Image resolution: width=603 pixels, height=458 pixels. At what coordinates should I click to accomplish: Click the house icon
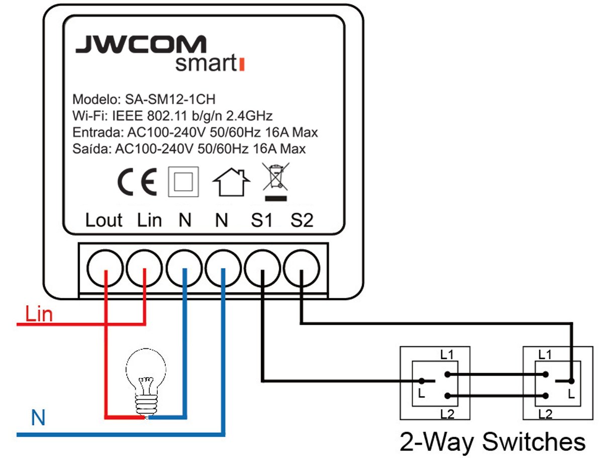click(x=232, y=182)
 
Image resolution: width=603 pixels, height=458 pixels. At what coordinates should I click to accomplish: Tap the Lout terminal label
click(x=104, y=220)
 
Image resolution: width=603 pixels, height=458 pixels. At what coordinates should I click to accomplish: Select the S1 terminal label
click(x=262, y=220)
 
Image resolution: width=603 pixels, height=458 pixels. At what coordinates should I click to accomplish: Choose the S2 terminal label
click(x=301, y=220)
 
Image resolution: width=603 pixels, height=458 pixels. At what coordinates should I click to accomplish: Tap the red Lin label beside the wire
click(x=39, y=315)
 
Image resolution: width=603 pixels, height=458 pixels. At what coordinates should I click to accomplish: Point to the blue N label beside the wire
click(x=38, y=418)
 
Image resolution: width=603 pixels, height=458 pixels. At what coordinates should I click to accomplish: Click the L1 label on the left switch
click(x=447, y=354)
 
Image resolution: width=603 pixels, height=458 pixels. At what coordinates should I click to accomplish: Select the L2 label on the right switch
click(x=545, y=414)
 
